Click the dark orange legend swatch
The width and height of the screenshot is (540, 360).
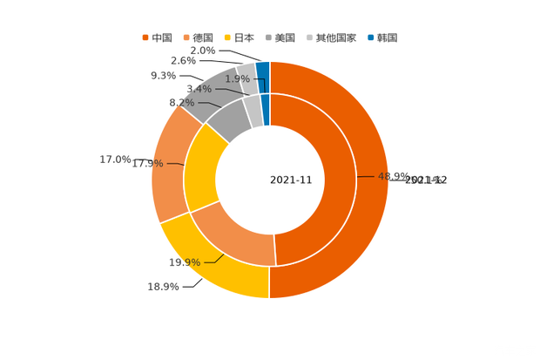click(x=145, y=37)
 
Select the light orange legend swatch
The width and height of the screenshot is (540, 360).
click(x=186, y=37)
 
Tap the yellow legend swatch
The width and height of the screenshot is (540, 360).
click(x=227, y=37)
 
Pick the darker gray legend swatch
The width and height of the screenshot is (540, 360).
click(x=269, y=37)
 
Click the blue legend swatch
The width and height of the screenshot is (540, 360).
click(x=371, y=37)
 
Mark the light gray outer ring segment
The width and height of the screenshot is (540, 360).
click(x=246, y=73)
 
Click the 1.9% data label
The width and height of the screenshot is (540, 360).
click(x=237, y=79)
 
